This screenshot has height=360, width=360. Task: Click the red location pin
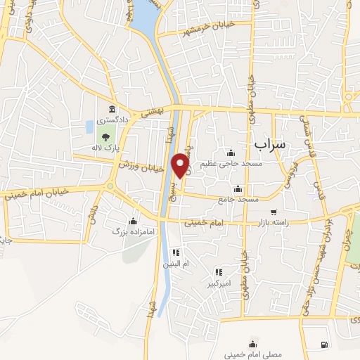[x=182, y=165]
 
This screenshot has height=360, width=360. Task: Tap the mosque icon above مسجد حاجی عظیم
[x=230, y=153]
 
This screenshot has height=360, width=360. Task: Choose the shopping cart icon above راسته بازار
[x=274, y=212]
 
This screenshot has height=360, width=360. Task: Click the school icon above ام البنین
[x=176, y=252]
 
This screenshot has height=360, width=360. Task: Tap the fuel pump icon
[x=323, y=345]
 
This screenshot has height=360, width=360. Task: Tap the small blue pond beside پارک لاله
[x=89, y=127]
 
